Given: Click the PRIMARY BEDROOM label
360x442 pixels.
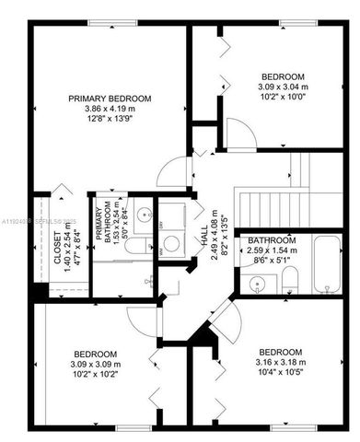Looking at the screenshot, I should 110,98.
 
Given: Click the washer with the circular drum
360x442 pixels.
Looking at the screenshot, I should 170,244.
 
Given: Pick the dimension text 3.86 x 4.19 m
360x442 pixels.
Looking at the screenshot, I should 110,109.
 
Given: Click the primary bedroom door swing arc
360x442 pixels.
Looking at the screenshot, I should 169,170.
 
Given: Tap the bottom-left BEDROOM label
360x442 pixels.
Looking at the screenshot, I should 95,355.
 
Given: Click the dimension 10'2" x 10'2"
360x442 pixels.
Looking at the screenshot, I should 95,376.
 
